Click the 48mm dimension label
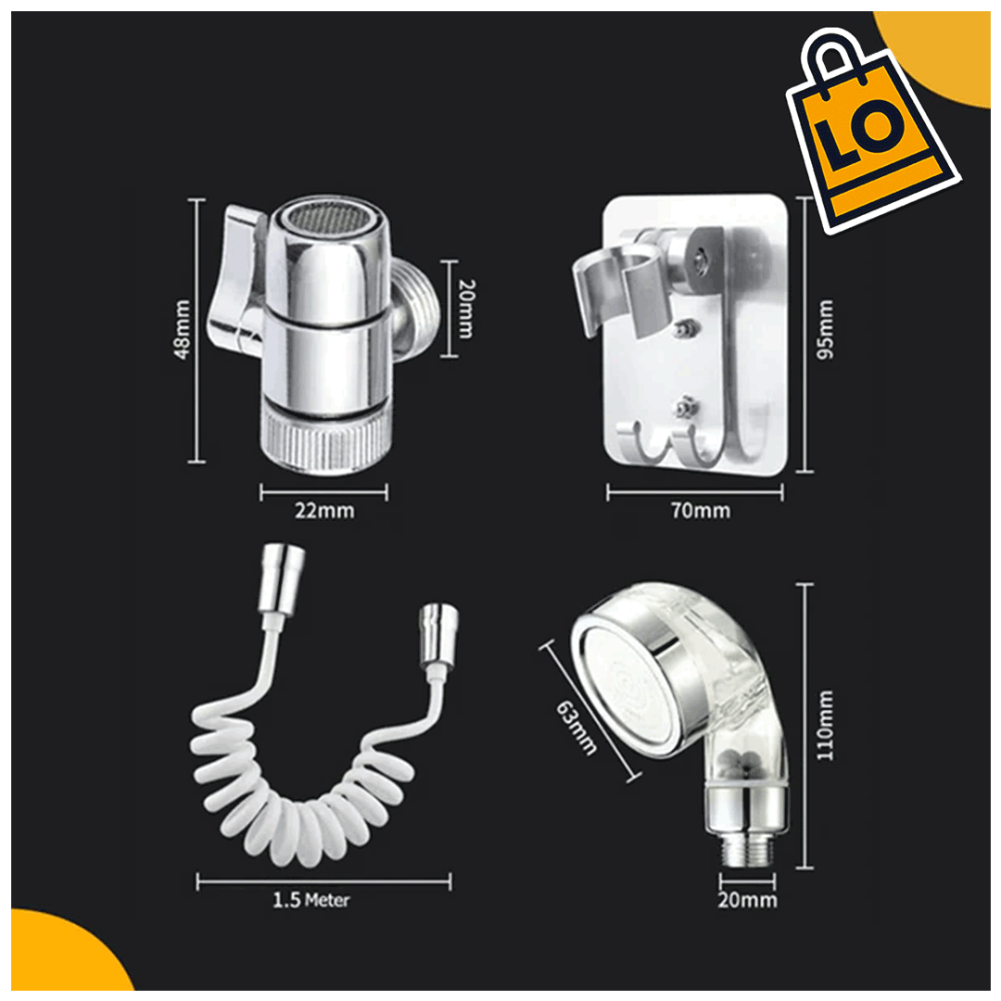pos(183,329)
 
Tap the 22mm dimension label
pos(324,511)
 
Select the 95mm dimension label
pos(826,329)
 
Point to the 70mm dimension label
pos(701,511)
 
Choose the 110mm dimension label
pos(826,725)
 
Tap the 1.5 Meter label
pos(311,900)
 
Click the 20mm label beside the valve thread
pos(467,309)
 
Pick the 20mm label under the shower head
pos(748,900)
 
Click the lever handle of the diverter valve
pos(234,281)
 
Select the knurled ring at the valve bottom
pos(326,439)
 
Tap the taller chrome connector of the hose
pos(281,578)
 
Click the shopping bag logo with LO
pos(872,131)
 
